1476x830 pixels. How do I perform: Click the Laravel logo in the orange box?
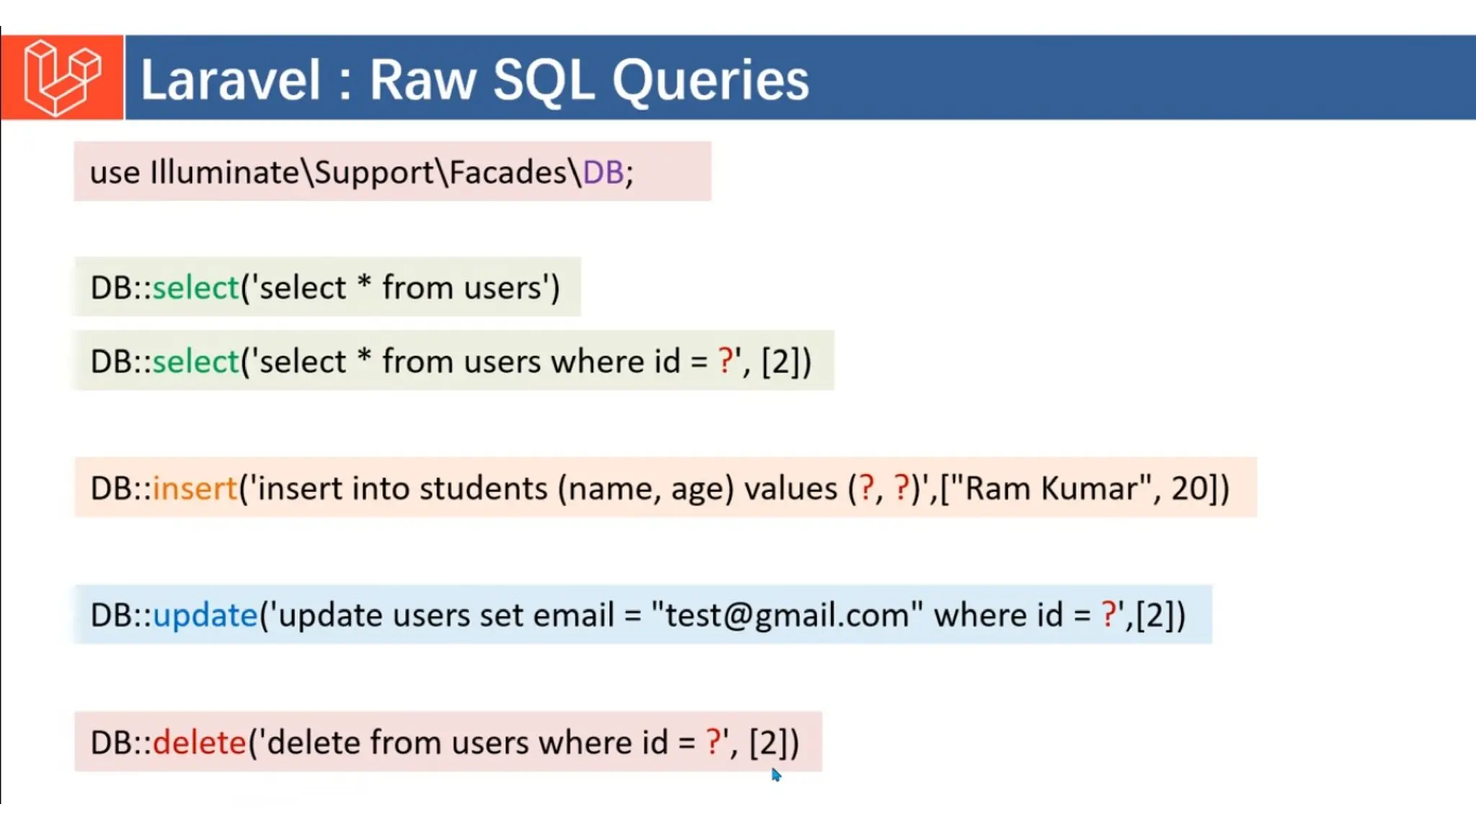tap(62, 78)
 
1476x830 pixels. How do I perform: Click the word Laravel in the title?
tap(230, 79)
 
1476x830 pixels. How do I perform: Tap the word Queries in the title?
tap(711, 79)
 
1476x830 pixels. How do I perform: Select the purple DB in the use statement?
tap(603, 173)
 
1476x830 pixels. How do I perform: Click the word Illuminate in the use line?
tap(224, 173)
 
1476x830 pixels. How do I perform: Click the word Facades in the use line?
tap(508, 173)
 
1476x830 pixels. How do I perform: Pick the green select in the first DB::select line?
tap(195, 287)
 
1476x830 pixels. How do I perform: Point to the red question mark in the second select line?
tap(726, 360)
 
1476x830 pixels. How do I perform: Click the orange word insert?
tap(195, 488)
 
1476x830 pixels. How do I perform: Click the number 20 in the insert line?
tap(1190, 488)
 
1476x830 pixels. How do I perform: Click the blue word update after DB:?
tap(205, 615)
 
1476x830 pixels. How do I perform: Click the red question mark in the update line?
tap(1108, 615)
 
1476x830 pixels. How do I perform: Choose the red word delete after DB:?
tap(200, 743)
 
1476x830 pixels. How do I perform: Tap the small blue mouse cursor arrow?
tap(775, 775)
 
